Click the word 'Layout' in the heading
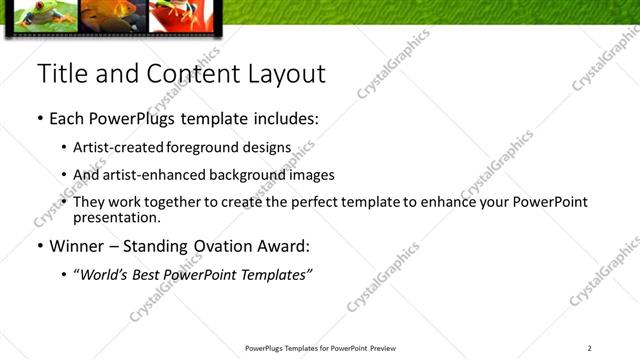coord(287,74)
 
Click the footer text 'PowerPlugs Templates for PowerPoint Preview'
coord(320,348)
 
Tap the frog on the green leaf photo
coord(40,13)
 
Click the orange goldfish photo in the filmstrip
coord(111,13)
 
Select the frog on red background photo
coord(177,13)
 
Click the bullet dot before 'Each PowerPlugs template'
coord(41,119)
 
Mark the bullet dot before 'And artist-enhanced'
coord(65,175)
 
